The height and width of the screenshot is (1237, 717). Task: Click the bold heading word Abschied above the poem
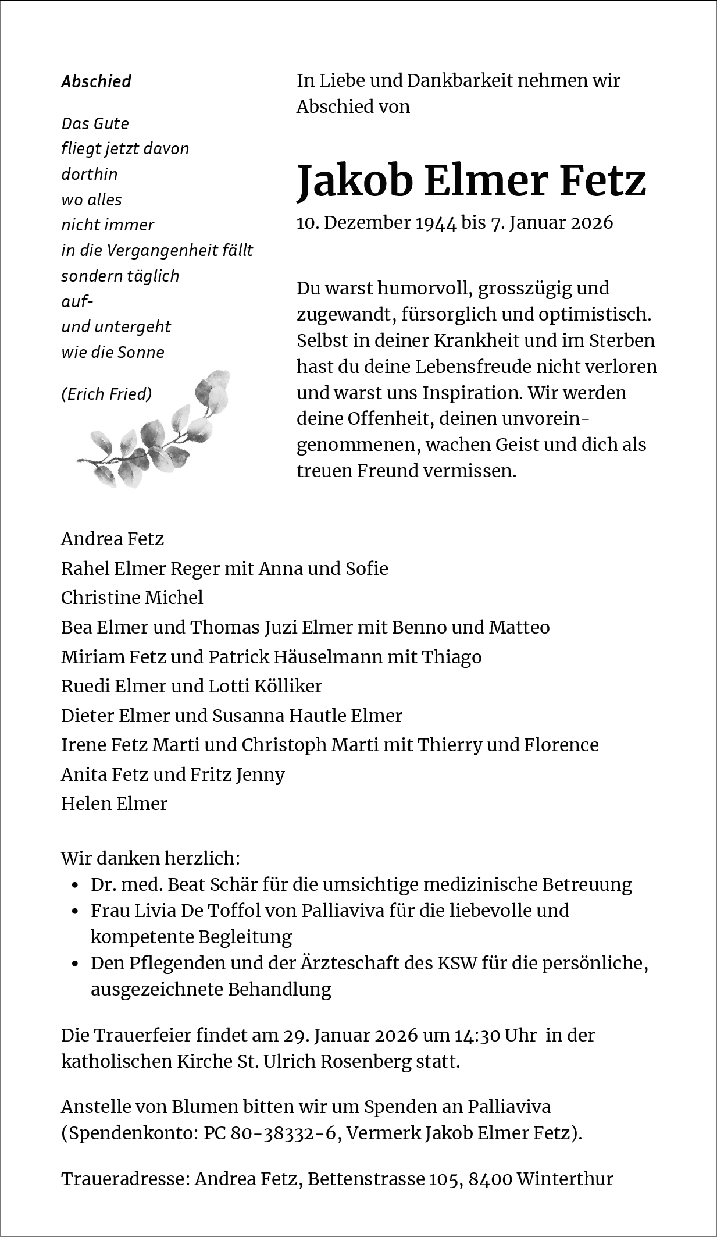[96, 81]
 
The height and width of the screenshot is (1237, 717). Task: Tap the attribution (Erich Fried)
[106, 394]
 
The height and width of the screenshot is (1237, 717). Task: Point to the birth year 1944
[436, 223]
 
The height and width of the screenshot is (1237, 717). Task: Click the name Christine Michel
[132, 598]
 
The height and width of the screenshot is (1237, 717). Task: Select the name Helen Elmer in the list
[115, 804]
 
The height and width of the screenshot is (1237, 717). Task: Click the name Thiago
[451, 657]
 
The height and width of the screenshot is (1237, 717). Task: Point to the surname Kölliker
[288, 687]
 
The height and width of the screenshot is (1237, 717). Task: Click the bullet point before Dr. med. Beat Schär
[75, 886]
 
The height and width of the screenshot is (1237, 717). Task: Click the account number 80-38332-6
[284, 1133]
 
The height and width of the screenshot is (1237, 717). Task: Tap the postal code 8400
[490, 1179]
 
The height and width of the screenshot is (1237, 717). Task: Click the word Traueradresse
[124, 1179]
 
